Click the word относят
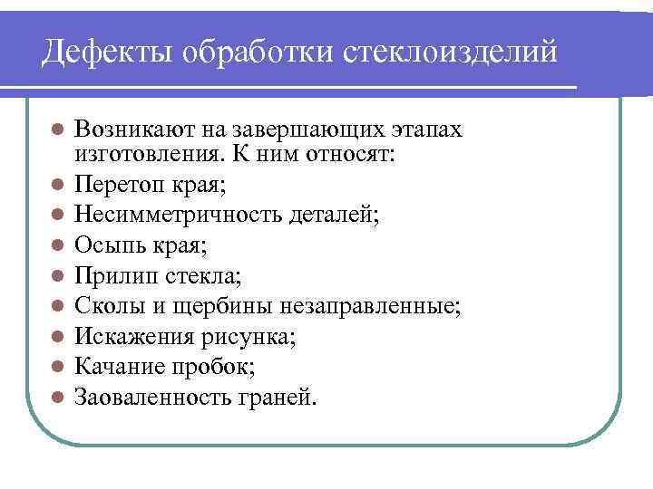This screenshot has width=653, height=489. [x=351, y=154]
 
